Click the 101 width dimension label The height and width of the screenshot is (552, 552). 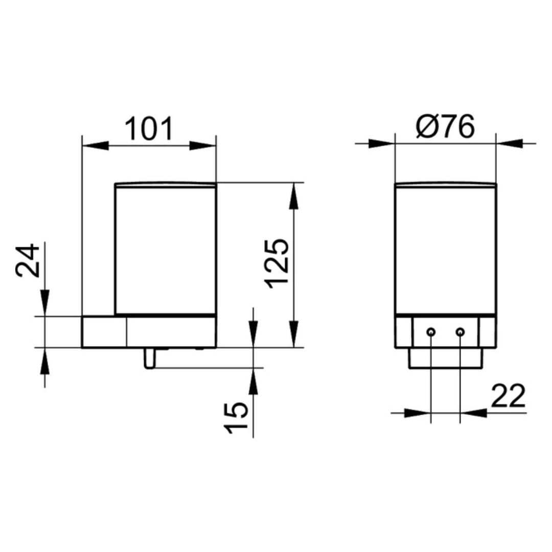click(149, 129)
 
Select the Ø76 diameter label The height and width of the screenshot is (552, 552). click(445, 126)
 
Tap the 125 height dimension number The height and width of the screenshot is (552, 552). click(277, 265)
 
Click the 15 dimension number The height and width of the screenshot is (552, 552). click(236, 418)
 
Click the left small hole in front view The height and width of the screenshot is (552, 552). click(431, 332)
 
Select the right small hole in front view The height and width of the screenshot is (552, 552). click(460, 332)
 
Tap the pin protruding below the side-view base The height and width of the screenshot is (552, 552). click(149, 358)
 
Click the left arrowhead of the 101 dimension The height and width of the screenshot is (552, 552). click(95, 145)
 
